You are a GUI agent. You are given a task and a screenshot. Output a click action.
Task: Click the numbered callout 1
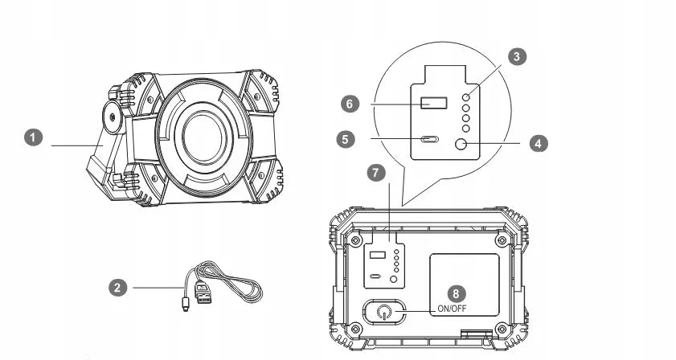tap(33, 138)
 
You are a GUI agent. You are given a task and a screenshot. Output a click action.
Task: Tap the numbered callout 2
tap(118, 286)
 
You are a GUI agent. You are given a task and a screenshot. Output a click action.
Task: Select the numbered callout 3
tap(518, 56)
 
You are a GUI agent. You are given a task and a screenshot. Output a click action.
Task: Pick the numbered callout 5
tap(346, 138)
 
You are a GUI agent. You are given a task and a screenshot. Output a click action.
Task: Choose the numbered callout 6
tap(348, 104)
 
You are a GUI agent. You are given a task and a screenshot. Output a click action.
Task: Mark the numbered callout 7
tap(374, 173)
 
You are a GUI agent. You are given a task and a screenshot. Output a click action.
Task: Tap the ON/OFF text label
tap(452, 309)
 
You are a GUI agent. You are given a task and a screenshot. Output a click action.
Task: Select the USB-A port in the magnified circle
tap(434, 103)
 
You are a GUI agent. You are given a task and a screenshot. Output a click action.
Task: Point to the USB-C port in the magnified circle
tap(429, 139)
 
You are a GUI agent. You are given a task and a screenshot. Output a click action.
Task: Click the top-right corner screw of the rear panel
tap(502, 240)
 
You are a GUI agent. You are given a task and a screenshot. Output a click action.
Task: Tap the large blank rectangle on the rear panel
tap(464, 277)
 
